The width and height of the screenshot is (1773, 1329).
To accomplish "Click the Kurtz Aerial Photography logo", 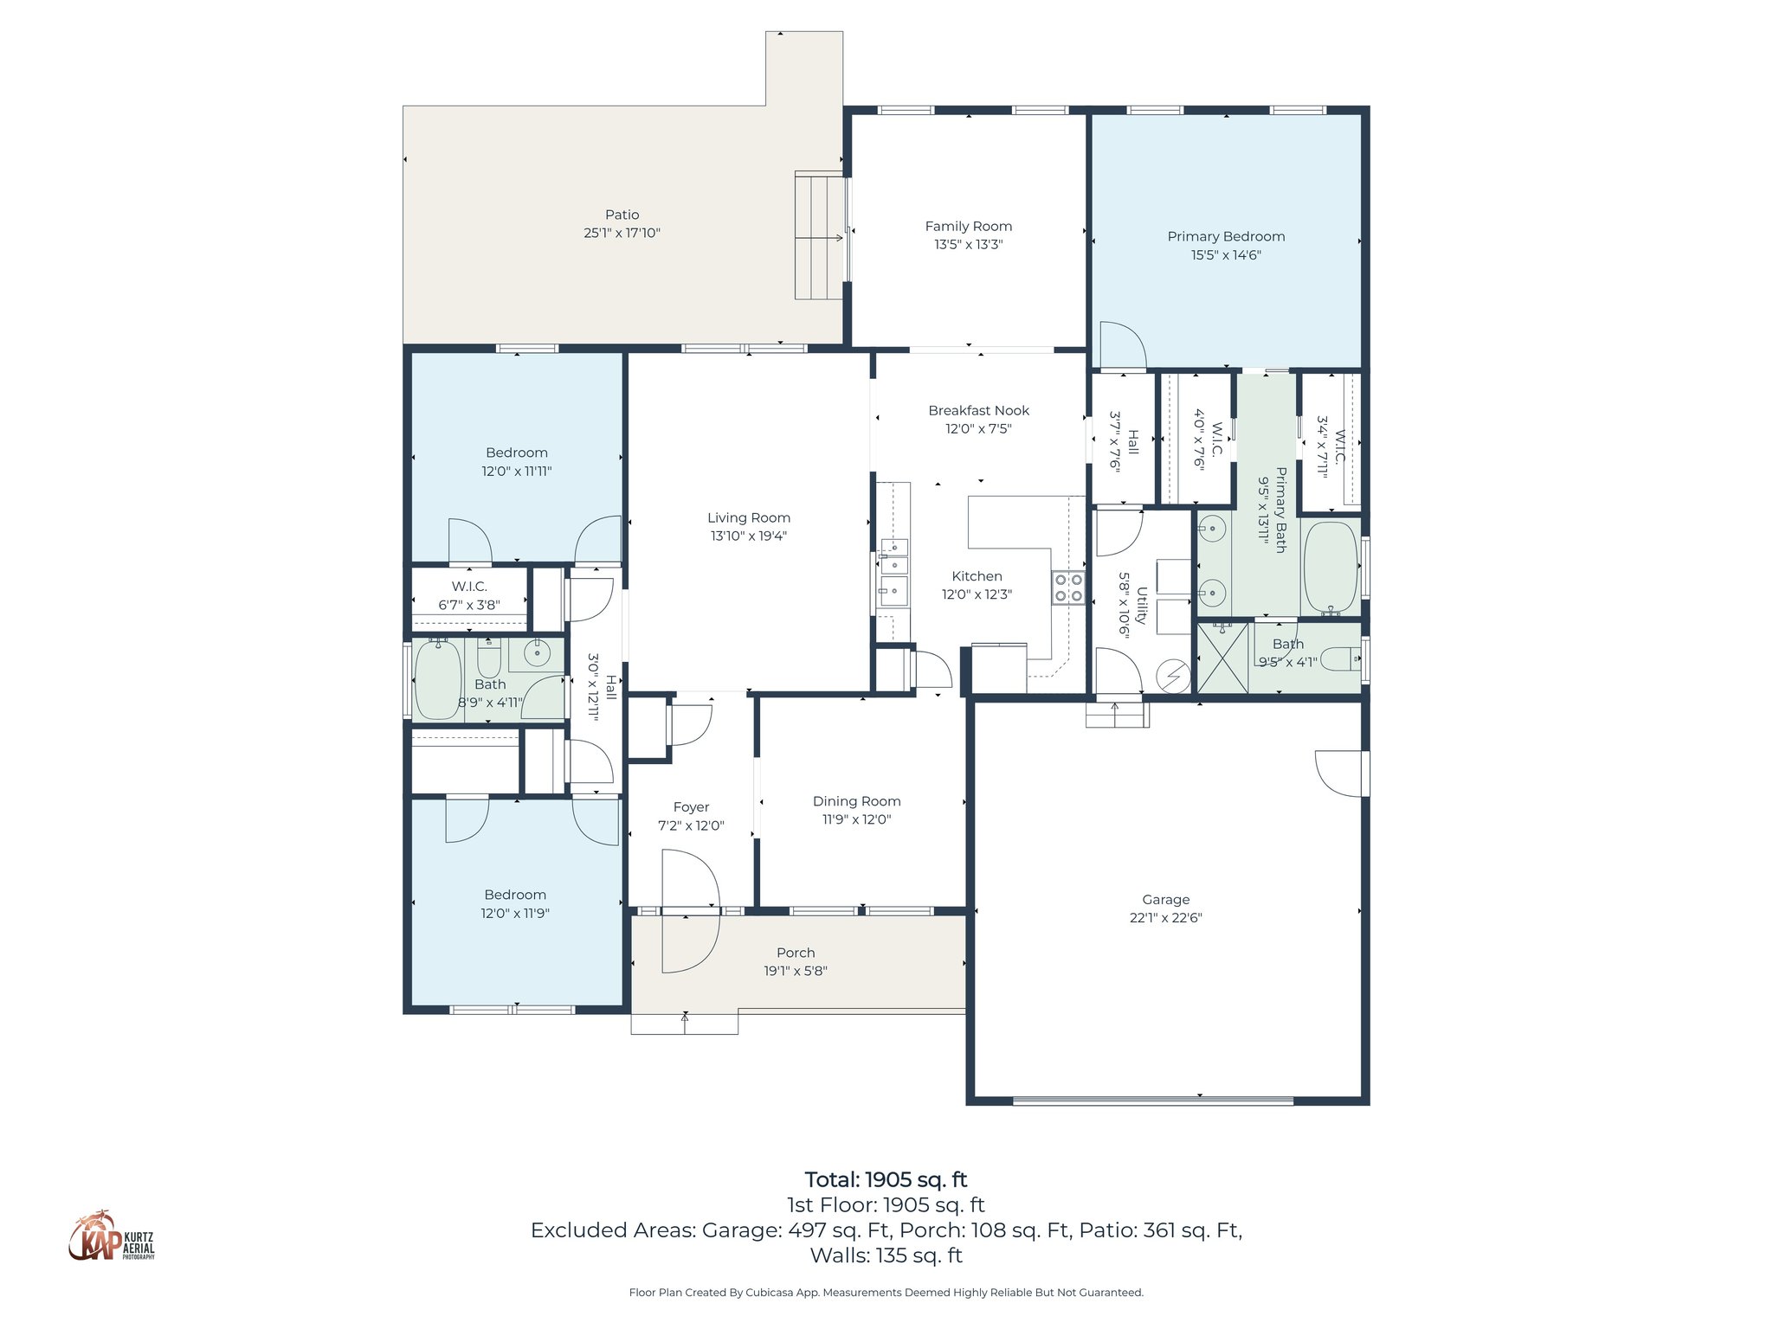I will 111,1237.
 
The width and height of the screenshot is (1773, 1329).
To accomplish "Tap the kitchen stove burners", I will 1068,587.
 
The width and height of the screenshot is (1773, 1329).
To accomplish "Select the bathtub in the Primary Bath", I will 1330,568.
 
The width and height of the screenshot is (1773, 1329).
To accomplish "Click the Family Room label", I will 968,227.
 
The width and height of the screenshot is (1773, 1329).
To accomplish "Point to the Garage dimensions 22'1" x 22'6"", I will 1165,918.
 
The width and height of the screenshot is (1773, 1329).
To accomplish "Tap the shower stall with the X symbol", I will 1222,658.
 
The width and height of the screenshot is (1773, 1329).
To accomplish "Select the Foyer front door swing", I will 690,911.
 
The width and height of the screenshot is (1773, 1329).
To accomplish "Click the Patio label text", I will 622,215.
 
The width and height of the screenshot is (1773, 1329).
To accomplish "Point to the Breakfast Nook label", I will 978,411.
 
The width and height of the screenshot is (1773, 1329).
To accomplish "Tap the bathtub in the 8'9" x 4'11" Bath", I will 438,679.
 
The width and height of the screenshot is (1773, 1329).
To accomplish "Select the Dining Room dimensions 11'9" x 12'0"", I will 856,819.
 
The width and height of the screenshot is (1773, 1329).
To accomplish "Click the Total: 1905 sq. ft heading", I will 886,1179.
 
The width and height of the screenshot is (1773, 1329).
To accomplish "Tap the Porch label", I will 795,953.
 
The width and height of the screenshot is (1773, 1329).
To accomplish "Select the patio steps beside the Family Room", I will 819,235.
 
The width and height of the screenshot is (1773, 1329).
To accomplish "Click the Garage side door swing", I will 1341,773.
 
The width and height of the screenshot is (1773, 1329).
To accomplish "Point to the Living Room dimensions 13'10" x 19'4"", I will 748,536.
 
